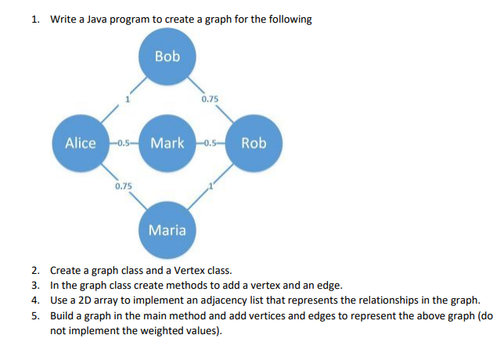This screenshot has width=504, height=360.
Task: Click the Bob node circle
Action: pyautogui.click(x=167, y=56)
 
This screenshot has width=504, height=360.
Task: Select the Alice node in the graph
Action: pyautogui.click(x=81, y=143)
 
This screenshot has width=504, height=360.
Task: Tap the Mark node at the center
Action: pyautogui.click(x=167, y=143)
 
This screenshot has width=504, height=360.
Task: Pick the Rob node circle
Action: pyautogui.click(x=254, y=143)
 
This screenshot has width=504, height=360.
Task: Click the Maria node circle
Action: pyautogui.click(x=167, y=230)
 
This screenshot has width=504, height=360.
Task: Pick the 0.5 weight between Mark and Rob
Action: pyautogui.click(x=211, y=143)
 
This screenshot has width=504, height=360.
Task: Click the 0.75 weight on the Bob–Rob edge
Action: pyautogui.click(x=210, y=99)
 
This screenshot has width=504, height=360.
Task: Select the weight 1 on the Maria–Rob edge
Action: pyautogui.click(x=211, y=186)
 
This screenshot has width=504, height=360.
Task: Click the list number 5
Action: pyautogui.click(x=35, y=315)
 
